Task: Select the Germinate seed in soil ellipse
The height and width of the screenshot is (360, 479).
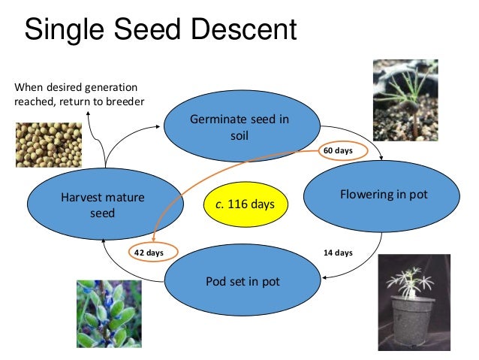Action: [x=239, y=128]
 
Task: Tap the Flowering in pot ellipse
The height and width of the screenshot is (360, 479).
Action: [x=383, y=195]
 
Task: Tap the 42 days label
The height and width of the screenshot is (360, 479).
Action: [x=149, y=253]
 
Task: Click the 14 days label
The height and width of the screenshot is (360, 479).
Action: [x=338, y=253]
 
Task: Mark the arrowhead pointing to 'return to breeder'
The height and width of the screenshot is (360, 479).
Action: [x=89, y=113]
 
